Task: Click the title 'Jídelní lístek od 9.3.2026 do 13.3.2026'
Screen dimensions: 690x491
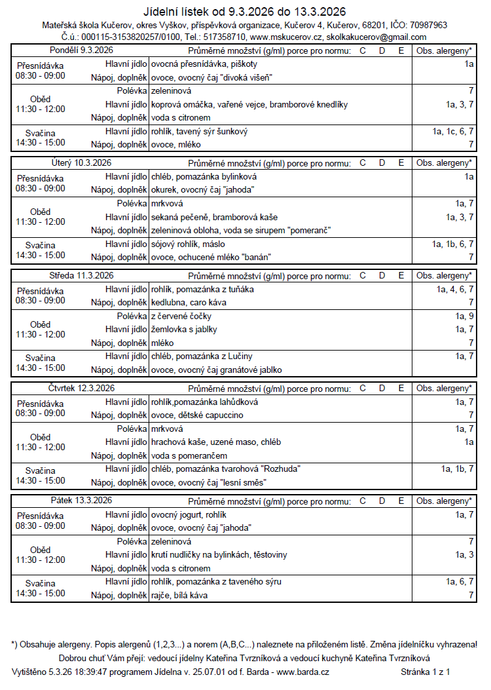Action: (x=245, y=12)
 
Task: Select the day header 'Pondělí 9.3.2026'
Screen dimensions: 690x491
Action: (x=81, y=51)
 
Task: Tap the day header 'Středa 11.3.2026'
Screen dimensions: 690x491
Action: (x=81, y=276)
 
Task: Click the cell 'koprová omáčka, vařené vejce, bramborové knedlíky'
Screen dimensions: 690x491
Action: (x=249, y=104)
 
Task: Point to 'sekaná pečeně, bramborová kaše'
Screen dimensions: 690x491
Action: (x=213, y=217)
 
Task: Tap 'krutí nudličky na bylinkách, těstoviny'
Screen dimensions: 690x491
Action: (x=219, y=554)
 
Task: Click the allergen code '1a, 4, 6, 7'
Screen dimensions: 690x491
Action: (x=455, y=289)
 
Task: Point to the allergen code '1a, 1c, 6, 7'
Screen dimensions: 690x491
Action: (x=453, y=132)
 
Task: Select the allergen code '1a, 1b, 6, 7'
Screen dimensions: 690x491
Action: (x=453, y=244)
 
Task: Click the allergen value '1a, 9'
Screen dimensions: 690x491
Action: (x=464, y=316)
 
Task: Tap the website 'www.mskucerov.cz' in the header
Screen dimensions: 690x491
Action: (x=286, y=37)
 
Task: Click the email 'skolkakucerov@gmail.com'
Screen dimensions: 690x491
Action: (x=376, y=37)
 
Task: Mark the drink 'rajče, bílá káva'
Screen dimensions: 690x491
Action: (x=179, y=595)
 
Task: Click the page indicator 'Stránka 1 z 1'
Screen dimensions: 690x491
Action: (x=425, y=672)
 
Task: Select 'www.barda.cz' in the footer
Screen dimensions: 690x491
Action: (x=303, y=672)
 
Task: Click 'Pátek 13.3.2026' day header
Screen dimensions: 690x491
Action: (x=81, y=501)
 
